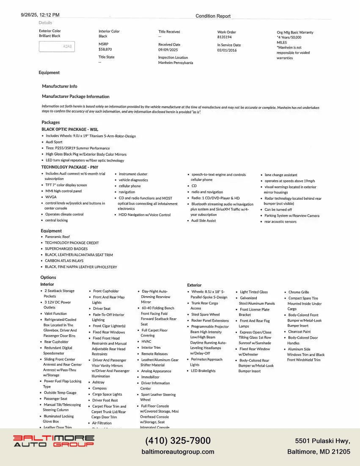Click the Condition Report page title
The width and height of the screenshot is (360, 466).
pyautogui.click(x=213, y=16)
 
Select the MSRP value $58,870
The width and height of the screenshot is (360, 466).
pyautogui.click(x=105, y=50)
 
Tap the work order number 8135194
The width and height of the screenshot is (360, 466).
pyautogui.click(x=225, y=37)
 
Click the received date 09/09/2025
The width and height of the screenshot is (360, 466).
pyautogui.click(x=169, y=50)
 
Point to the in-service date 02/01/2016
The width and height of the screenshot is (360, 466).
pyautogui.click(x=227, y=50)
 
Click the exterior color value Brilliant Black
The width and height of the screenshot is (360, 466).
pyautogui.click(x=50, y=36)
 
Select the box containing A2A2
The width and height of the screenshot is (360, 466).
pyautogui.click(x=57, y=47)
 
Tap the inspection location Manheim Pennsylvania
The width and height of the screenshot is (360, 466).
pyautogui.click(x=176, y=63)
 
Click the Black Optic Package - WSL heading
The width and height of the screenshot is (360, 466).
pyautogui.click(x=70, y=130)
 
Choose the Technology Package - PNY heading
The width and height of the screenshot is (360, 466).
pyautogui.click(x=69, y=167)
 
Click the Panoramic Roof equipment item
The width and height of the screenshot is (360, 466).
pyautogui.click(x=58, y=237)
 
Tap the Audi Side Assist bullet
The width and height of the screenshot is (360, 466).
pyautogui.click(x=203, y=221)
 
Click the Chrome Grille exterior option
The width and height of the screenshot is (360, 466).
pyautogui.click(x=299, y=292)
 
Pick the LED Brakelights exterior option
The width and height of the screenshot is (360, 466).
pyautogui.click(x=203, y=371)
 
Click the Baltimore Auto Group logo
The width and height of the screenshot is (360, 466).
pyautogui.click(x=53, y=441)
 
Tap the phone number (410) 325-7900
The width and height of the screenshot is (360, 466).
pyautogui.click(x=178, y=441)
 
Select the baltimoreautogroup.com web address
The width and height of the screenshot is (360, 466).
pyautogui.click(x=178, y=452)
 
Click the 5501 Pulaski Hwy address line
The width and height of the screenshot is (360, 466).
pyautogui.click(x=323, y=441)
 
